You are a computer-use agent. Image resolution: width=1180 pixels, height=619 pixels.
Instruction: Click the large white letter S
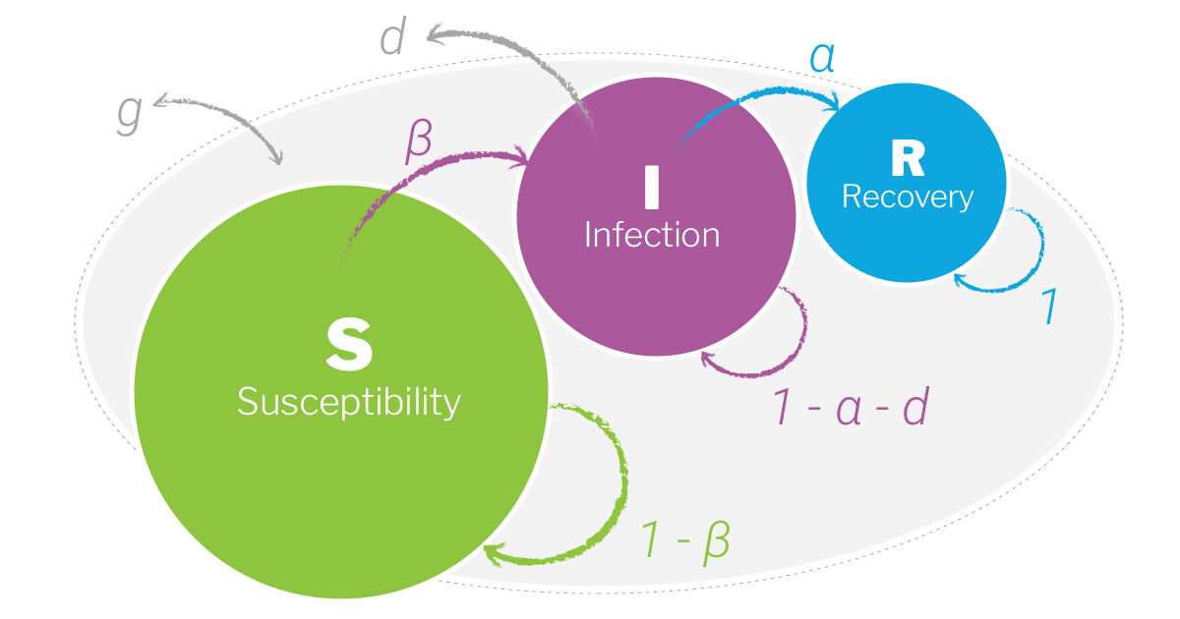click(349, 345)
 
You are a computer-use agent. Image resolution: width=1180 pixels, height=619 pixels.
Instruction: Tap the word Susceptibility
click(348, 402)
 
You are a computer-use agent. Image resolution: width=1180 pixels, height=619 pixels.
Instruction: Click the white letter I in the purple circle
click(651, 188)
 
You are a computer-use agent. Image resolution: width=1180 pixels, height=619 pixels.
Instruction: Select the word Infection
click(651, 236)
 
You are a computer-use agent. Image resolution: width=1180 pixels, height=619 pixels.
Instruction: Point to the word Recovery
click(907, 197)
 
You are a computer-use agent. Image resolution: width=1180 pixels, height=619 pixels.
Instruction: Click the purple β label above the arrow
click(418, 143)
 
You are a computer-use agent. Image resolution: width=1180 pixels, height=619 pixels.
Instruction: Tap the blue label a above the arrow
click(822, 58)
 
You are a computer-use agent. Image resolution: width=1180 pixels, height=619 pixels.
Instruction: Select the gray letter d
click(393, 38)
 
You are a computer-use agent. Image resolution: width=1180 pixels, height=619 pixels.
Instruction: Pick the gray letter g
click(130, 113)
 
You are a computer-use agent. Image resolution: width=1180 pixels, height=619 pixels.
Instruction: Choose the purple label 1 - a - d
click(852, 408)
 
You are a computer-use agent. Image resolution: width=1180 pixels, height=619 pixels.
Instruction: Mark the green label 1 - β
click(686, 539)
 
